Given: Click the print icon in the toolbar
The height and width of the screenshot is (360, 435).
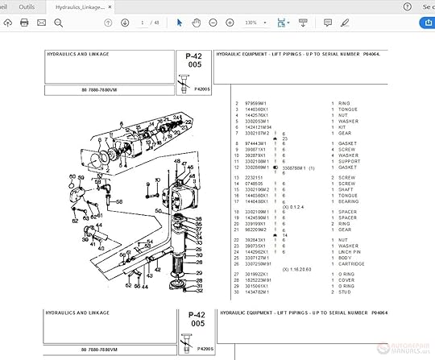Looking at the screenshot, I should [x=24, y=23].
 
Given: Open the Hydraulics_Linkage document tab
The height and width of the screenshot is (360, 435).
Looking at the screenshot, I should [x=81, y=6].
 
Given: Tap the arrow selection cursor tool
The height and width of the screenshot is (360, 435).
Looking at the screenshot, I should [x=179, y=23].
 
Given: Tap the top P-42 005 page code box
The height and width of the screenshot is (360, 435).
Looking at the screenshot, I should [x=194, y=63].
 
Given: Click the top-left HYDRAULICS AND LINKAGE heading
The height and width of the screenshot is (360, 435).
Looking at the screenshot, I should [x=77, y=55].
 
